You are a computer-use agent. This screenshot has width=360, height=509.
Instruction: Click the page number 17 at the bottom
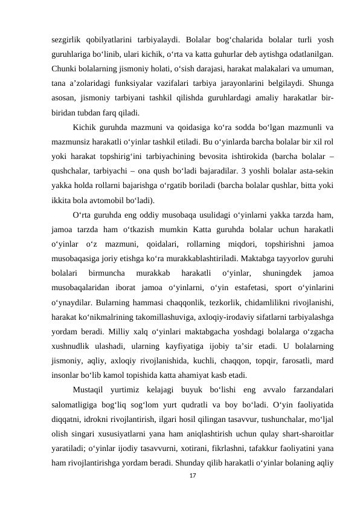[x=193, y=494]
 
